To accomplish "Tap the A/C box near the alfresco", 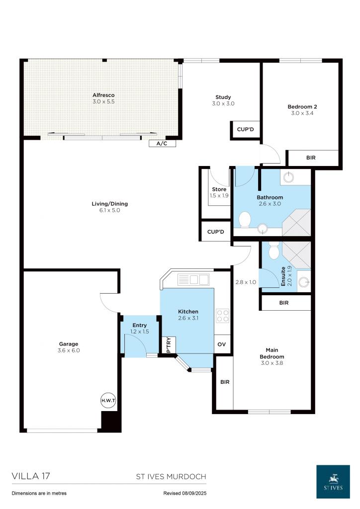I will point(162,144).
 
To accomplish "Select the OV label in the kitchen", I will point(222,344).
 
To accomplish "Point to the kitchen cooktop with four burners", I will point(222,316).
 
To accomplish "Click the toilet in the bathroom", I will point(245,219).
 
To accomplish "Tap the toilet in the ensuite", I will point(273,251).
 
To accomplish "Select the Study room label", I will point(223,97).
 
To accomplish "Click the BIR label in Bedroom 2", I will point(311,158).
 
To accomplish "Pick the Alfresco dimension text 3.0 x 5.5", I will point(103,101).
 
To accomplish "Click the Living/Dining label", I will point(110,203).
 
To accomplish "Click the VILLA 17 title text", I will point(31,476).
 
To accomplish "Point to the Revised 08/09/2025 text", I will point(184,493).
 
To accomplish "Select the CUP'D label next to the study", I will point(246,129).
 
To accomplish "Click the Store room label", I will point(219,189).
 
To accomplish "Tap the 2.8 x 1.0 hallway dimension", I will point(246,282).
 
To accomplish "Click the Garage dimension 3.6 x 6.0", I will point(69,350).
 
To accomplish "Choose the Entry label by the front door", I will point(139,325).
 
